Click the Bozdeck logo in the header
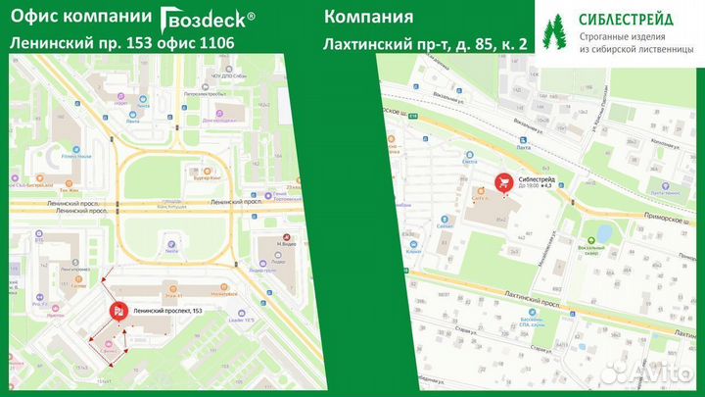[208, 17]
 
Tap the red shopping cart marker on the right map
[503, 181]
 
